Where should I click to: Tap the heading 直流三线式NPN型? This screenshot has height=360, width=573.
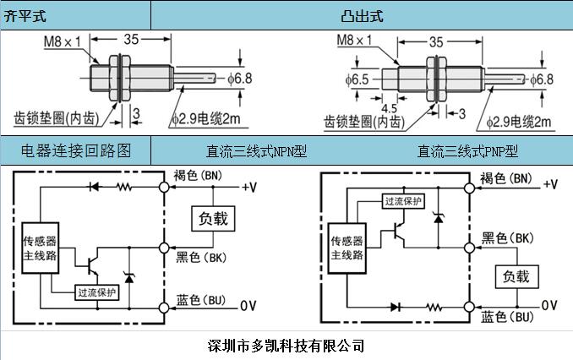[255, 152]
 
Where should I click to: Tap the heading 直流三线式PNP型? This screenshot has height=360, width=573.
[467, 152]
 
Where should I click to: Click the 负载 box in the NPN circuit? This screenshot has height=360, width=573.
[212, 218]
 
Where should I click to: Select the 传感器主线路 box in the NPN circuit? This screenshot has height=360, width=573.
[41, 246]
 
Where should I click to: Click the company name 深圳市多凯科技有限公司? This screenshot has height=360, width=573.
[286, 345]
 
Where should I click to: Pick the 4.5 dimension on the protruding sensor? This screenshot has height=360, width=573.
[389, 108]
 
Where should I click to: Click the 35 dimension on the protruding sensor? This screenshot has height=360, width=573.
[436, 40]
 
